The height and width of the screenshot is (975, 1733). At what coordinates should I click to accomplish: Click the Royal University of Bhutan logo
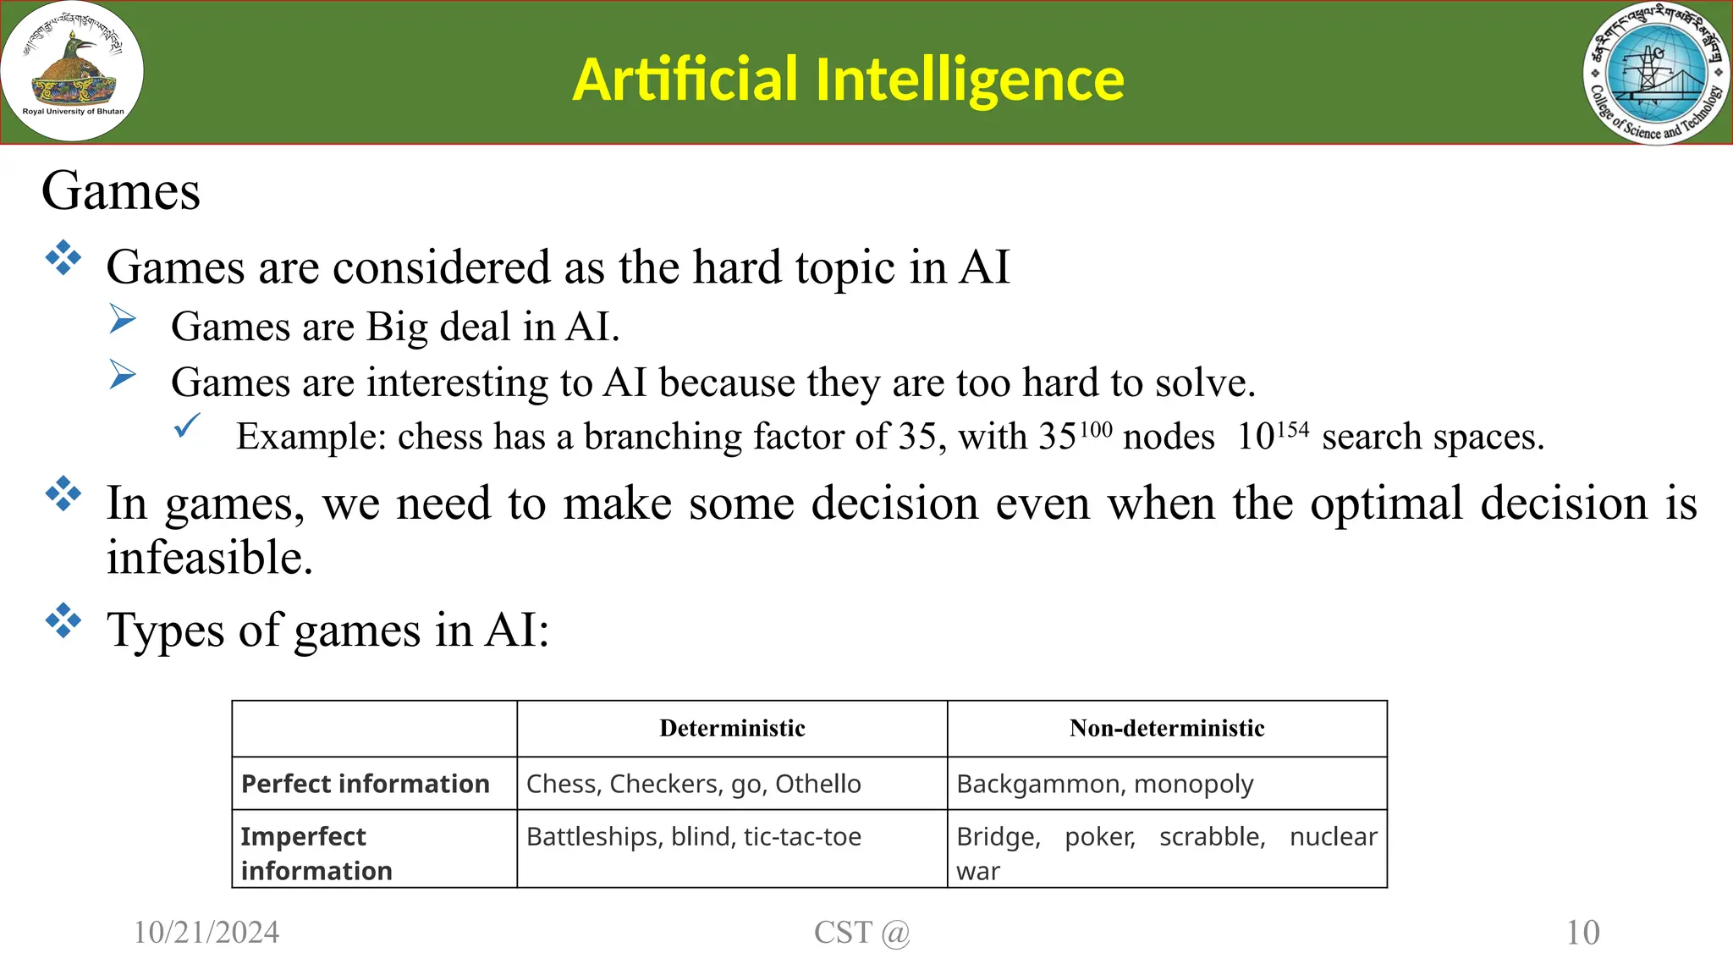(73, 71)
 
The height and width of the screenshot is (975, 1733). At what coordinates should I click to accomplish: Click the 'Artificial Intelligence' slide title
(848, 80)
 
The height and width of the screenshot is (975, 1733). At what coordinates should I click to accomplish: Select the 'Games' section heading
(121, 190)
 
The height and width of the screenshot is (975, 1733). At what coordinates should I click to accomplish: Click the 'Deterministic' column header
(732, 729)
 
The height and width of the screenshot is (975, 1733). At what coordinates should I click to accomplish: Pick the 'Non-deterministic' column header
(1166, 729)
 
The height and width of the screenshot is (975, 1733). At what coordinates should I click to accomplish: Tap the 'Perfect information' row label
(366, 784)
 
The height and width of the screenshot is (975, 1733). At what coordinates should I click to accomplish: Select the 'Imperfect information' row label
(316, 853)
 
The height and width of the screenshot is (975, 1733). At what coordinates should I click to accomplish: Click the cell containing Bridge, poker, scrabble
(1166, 852)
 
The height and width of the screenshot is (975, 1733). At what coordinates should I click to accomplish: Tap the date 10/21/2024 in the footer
(206, 933)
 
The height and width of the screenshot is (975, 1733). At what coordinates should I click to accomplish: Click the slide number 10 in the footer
(1582, 933)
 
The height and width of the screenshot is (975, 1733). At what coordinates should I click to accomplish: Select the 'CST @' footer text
(861, 933)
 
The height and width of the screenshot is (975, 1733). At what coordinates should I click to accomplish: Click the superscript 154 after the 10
(1292, 431)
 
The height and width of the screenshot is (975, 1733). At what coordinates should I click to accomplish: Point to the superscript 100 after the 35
(1096, 431)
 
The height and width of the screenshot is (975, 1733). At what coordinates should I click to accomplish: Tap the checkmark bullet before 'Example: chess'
(187, 425)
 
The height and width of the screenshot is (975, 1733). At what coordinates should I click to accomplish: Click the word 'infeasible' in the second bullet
(209, 558)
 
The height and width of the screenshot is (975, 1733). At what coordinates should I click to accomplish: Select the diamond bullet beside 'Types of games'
(63, 621)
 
